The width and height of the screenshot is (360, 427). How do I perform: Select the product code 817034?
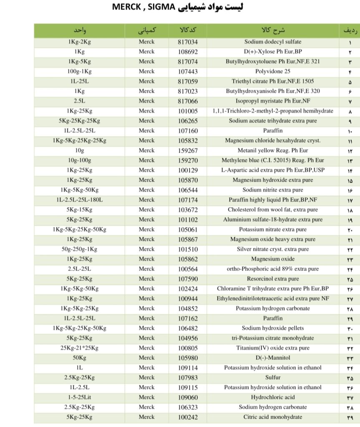(x=187, y=42)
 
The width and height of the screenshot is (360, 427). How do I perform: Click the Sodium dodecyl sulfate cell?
(x=272, y=42)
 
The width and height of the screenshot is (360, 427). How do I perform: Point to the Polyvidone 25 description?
(x=272, y=71)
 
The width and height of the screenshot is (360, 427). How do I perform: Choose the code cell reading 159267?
(x=187, y=150)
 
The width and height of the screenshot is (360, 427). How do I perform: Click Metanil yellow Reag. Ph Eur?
(x=272, y=150)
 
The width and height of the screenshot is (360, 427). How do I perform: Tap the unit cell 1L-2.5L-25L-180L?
(x=79, y=200)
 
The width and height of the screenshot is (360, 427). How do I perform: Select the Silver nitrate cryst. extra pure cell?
(x=272, y=249)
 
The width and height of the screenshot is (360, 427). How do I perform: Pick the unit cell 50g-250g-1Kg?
(x=79, y=249)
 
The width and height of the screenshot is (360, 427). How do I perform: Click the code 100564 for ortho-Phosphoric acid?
(x=187, y=269)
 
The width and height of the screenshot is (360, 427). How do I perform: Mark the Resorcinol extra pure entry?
(x=272, y=279)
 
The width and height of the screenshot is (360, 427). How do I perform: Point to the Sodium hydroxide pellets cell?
(x=272, y=328)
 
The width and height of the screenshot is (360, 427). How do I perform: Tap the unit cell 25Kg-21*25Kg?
(x=79, y=348)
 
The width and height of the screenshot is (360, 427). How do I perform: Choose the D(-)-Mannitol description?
(x=272, y=358)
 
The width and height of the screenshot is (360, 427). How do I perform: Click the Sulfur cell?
(x=272, y=377)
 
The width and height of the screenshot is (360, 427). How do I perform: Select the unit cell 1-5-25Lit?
(x=79, y=397)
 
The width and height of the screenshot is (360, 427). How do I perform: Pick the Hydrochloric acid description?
(x=272, y=397)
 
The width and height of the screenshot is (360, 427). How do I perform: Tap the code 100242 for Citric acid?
(x=187, y=417)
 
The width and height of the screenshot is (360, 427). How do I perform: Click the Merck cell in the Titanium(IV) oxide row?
(x=146, y=348)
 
